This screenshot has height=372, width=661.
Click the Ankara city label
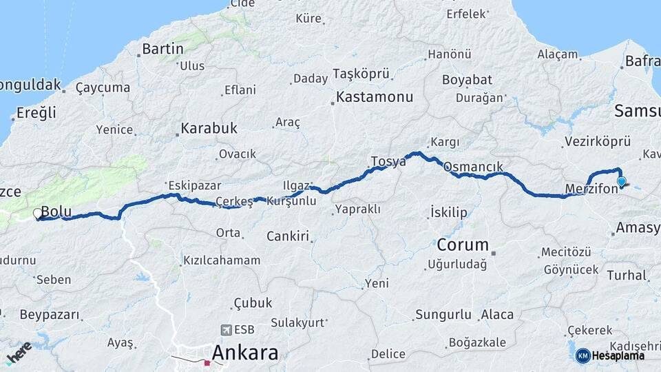pos(245,353)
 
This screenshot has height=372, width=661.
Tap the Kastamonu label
pos(375,97)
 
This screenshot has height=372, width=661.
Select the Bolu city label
pos(56,211)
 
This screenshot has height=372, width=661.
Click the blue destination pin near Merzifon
pos(622,181)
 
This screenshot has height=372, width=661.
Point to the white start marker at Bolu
pos(38,214)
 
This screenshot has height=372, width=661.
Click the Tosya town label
pos(388,162)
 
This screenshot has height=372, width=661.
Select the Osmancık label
pos(473,167)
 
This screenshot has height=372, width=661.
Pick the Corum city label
pos(463,245)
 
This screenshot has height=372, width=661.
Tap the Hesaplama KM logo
pos(610,355)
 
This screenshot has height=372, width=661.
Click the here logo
pos(19,352)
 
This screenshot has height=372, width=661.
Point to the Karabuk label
pos(209,128)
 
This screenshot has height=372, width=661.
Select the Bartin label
pos(162,49)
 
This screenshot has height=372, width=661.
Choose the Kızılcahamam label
pos(222,260)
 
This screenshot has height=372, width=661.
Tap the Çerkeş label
pos(234,201)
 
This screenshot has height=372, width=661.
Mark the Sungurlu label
pos(443,315)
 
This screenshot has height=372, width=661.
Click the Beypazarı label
pos(49,315)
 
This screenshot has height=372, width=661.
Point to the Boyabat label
pos(467,80)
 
